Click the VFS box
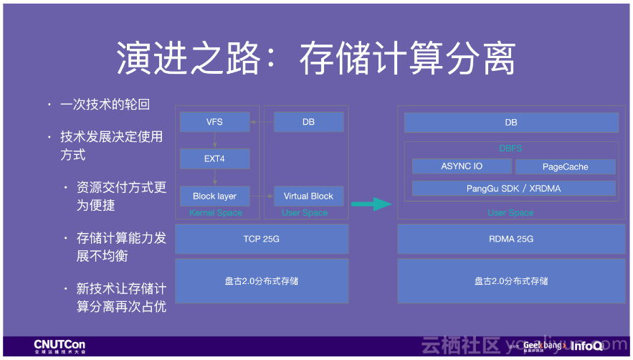click(x=214, y=122)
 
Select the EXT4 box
click(x=214, y=158)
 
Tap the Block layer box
click(x=214, y=196)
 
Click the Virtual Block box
click(x=308, y=196)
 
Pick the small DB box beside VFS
click(x=308, y=122)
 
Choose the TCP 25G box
click(x=262, y=239)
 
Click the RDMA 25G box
click(x=510, y=239)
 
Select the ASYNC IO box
click(x=462, y=166)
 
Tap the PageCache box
click(x=565, y=166)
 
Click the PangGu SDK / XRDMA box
click(x=513, y=189)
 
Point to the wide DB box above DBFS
click(x=510, y=123)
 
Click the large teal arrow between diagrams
click(x=371, y=204)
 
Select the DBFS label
click(x=510, y=148)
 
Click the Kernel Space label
click(x=216, y=213)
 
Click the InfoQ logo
click(x=586, y=346)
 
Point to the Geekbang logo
click(x=542, y=346)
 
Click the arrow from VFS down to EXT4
click(x=214, y=140)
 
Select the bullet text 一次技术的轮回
click(x=105, y=105)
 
